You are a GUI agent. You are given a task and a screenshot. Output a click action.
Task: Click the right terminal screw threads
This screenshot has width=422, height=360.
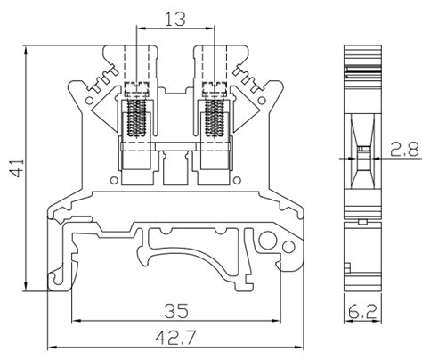tap(213, 117)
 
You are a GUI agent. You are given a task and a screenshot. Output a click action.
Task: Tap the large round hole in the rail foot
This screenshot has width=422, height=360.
tap(268, 241)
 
